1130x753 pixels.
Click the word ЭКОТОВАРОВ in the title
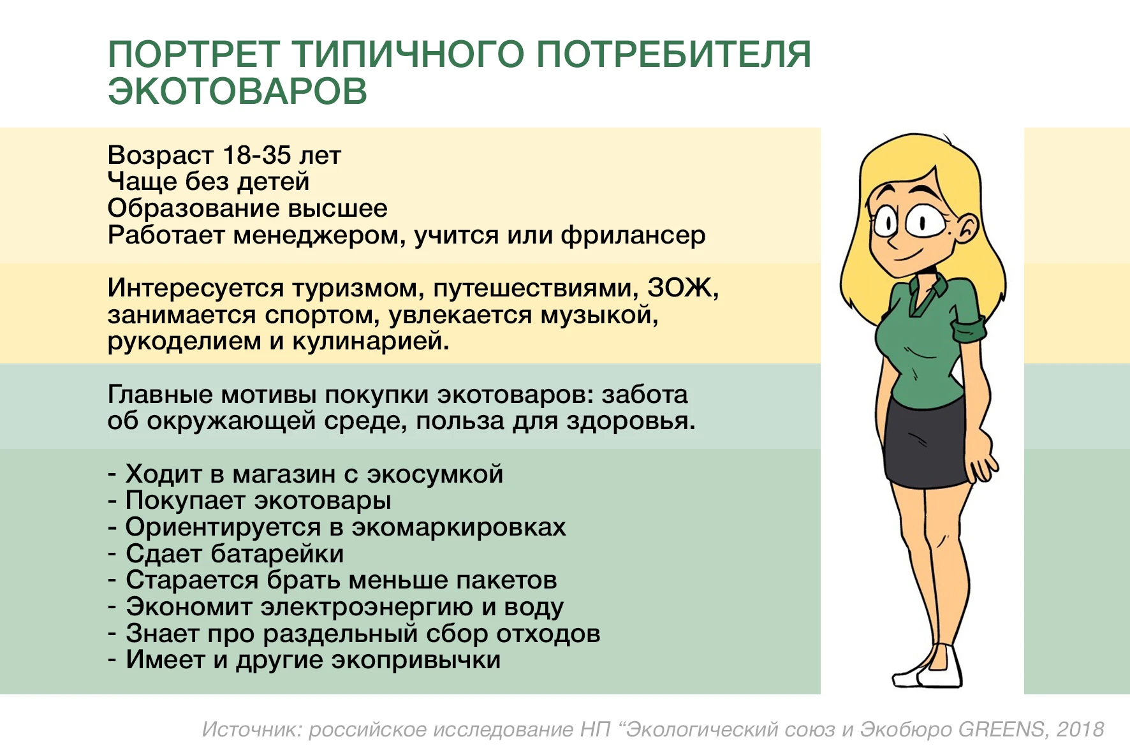pos(237,91)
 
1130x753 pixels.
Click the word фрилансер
pos(633,236)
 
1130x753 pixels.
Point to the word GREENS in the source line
pos(1001,729)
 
